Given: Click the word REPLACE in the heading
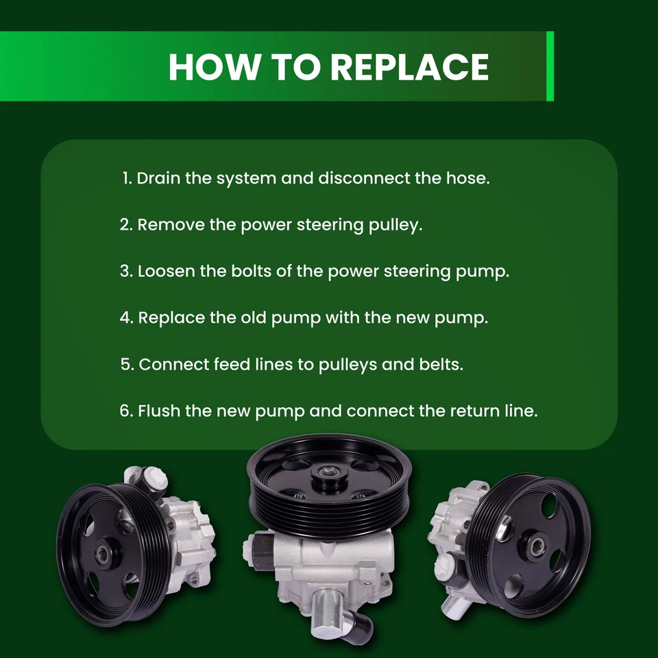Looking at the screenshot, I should [x=409, y=66].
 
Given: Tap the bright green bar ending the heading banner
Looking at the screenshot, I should [x=550, y=66].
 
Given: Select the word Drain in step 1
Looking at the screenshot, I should [x=159, y=179].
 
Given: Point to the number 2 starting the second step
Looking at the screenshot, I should [x=125, y=225].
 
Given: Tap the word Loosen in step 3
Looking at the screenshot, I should [x=167, y=271].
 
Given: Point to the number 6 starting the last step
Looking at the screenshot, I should [x=125, y=411].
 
